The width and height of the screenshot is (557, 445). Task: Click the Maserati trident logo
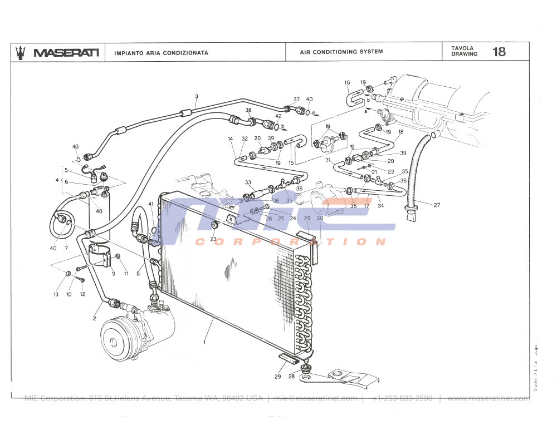click(21, 52)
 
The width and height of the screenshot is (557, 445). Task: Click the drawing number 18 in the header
click(499, 52)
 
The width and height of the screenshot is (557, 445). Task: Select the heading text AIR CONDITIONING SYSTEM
click(341, 52)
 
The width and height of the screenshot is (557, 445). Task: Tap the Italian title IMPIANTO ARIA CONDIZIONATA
click(161, 53)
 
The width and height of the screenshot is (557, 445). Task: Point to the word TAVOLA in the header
click(462, 48)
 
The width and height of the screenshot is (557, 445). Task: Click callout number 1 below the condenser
click(204, 342)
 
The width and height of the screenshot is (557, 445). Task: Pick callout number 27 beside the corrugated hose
click(437, 205)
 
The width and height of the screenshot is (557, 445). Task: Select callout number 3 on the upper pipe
click(196, 96)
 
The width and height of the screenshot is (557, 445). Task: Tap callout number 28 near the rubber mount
click(291, 377)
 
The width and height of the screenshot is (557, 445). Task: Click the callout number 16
click(347, 83)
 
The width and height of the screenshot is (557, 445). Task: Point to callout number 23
click(213, 239)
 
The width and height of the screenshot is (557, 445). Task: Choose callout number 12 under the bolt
click(82, 294)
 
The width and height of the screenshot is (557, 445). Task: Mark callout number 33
click(248, 182)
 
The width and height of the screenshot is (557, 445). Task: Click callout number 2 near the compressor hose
click(94, 319)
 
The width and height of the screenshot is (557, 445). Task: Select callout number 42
click(278, 116)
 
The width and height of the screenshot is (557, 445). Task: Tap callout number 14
click(230, 139)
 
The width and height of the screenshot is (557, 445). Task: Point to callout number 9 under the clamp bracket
click(113, 274)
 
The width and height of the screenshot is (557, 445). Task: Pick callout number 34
click(380, 206)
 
